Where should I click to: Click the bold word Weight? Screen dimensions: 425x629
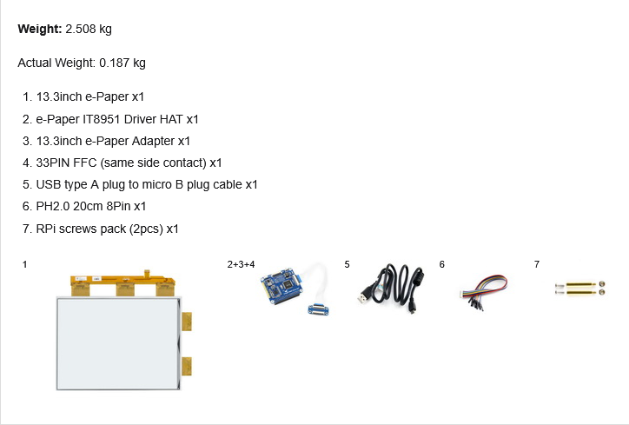(x=39, y=30)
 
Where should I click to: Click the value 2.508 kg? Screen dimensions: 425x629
(x=89, y=30)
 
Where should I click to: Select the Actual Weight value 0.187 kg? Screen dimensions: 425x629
(x=122, y=63)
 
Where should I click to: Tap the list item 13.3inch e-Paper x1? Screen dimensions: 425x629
(x=89, y=96)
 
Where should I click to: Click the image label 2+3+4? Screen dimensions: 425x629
(x=241, y=263)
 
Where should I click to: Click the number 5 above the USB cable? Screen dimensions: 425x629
(x=347, y=263)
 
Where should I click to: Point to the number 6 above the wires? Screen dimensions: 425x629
(x=442, y=263)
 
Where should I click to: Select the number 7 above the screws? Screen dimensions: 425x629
(x=537, y=263)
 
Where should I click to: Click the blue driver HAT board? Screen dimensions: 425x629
(x=279, y=286)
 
